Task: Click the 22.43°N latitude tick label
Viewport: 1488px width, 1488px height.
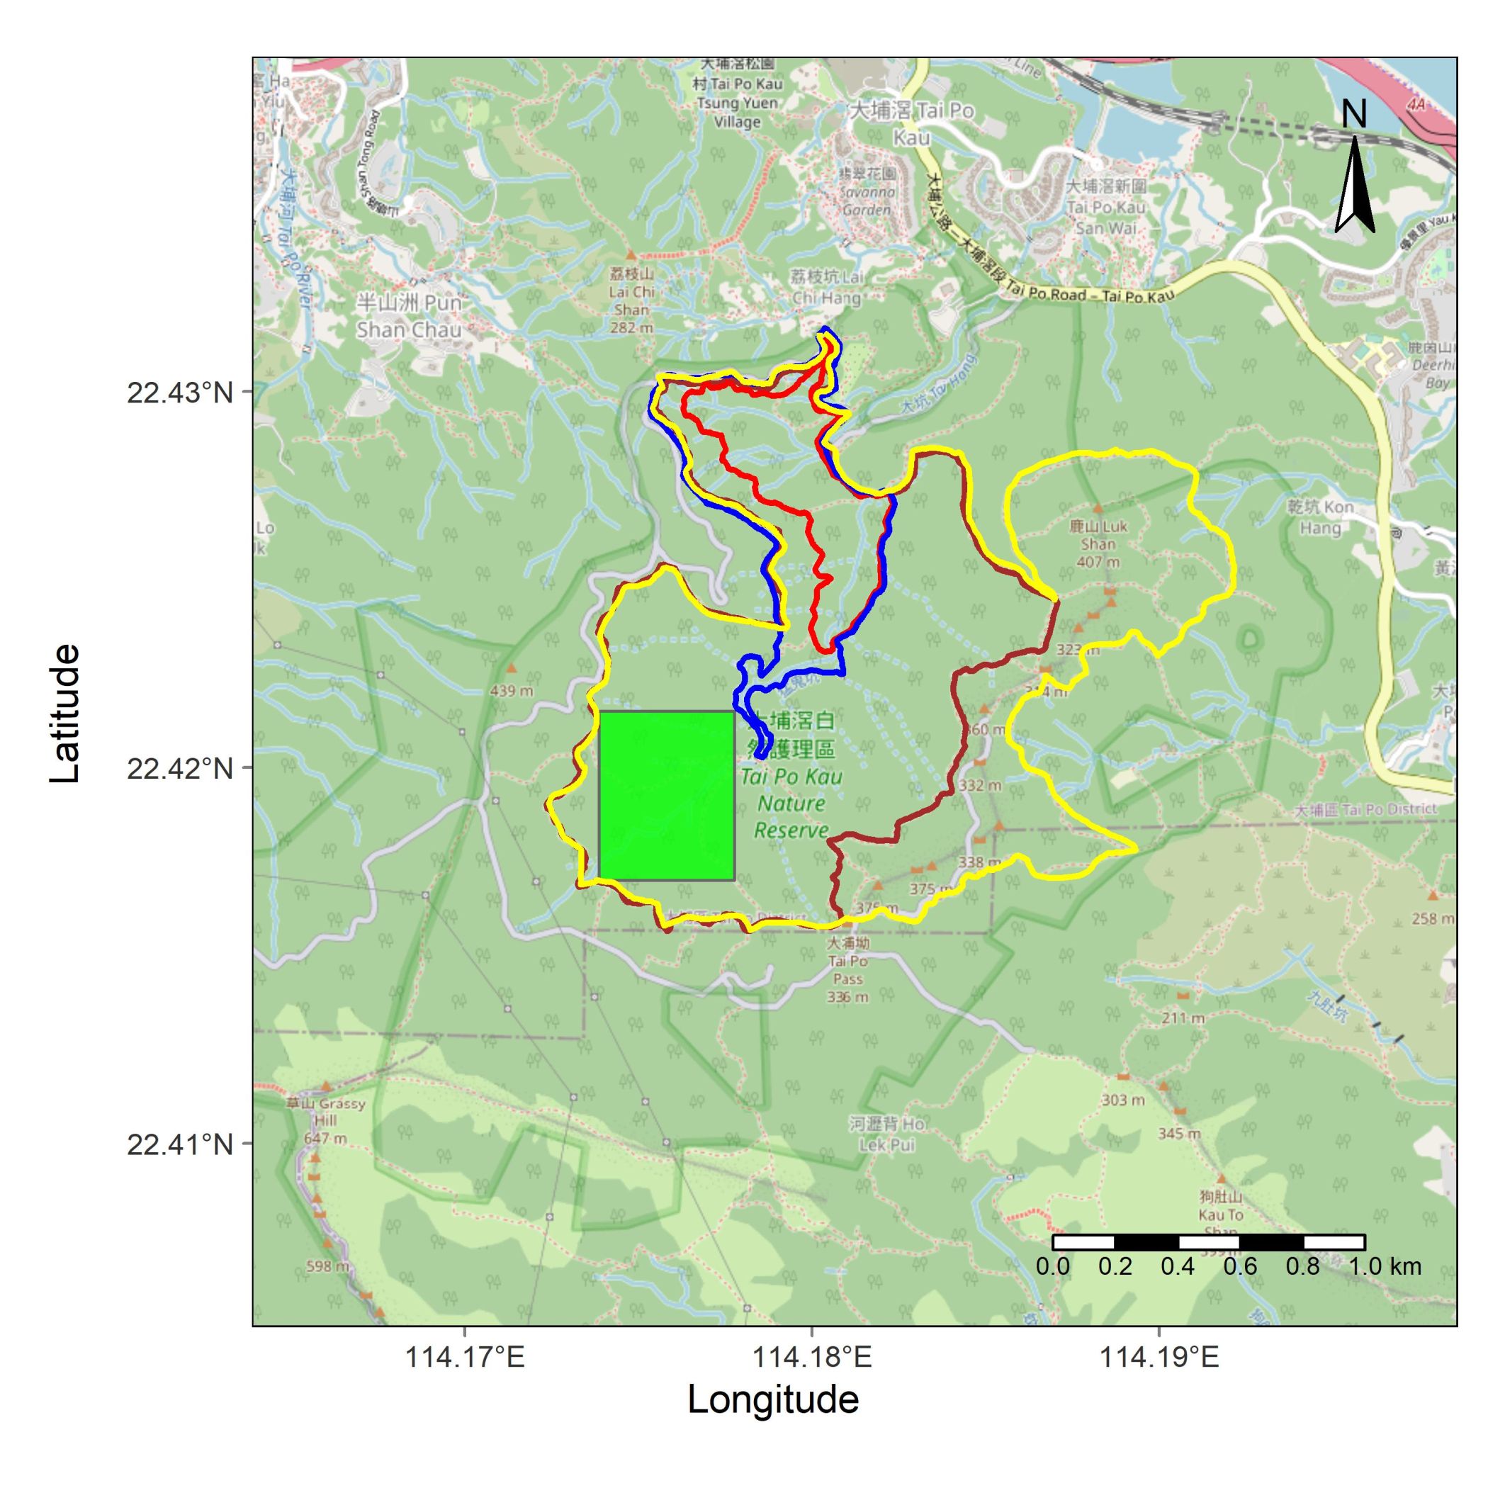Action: (x=179, y=393)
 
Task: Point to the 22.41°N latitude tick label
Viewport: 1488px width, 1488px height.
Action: (x=179, y=1144)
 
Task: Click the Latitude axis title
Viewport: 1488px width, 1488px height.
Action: (x=64, y=714)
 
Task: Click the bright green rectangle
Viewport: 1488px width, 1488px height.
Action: (x=666, y=795)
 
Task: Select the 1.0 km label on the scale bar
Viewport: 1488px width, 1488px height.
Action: (x=1384, y=1266)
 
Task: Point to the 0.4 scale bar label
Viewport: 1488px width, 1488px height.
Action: (x=1178, y=1266)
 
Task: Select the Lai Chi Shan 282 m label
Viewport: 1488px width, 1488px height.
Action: (x=631, y=300)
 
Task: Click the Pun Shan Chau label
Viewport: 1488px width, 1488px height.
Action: (x=409, y=316)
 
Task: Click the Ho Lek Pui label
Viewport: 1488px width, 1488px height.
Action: (x=887, y=1134)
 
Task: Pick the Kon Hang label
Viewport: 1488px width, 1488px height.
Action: (x=1320, y=517)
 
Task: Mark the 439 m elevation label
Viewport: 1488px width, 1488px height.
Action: (x=512, y=691)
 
